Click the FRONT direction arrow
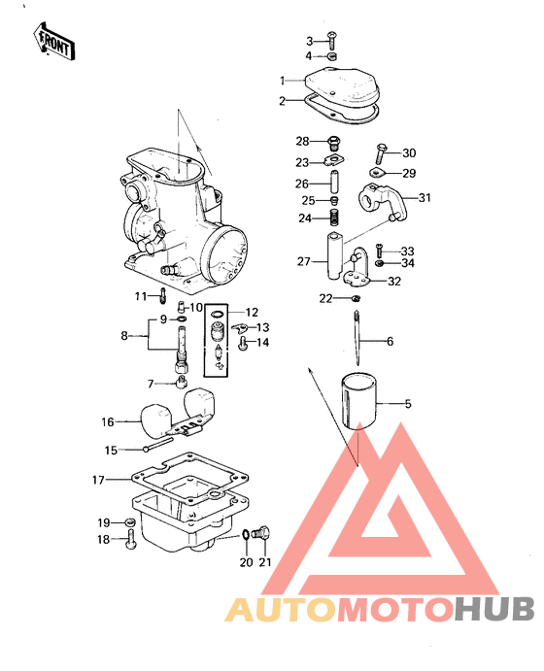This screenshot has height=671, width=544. (54, 42)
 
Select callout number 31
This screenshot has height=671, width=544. (425, 198)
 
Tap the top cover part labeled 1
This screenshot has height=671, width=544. (342, 86)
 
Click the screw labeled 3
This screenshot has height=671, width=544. (332, 40)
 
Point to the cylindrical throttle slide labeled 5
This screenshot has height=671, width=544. (359, 401)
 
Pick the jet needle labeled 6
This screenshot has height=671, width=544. (357, 339)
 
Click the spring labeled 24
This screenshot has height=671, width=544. (334, 217)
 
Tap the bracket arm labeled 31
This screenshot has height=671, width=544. (382, 201)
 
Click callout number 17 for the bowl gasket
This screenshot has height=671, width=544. (98, 480)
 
